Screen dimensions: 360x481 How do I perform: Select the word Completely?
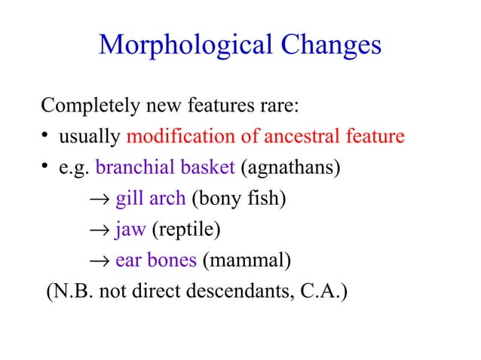[x=88, y=106]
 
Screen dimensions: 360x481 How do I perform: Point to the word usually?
[x=90, y=137]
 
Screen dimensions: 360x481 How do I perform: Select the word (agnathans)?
[x=290, y=167]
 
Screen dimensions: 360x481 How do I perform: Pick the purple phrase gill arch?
[x=150, y=199]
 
